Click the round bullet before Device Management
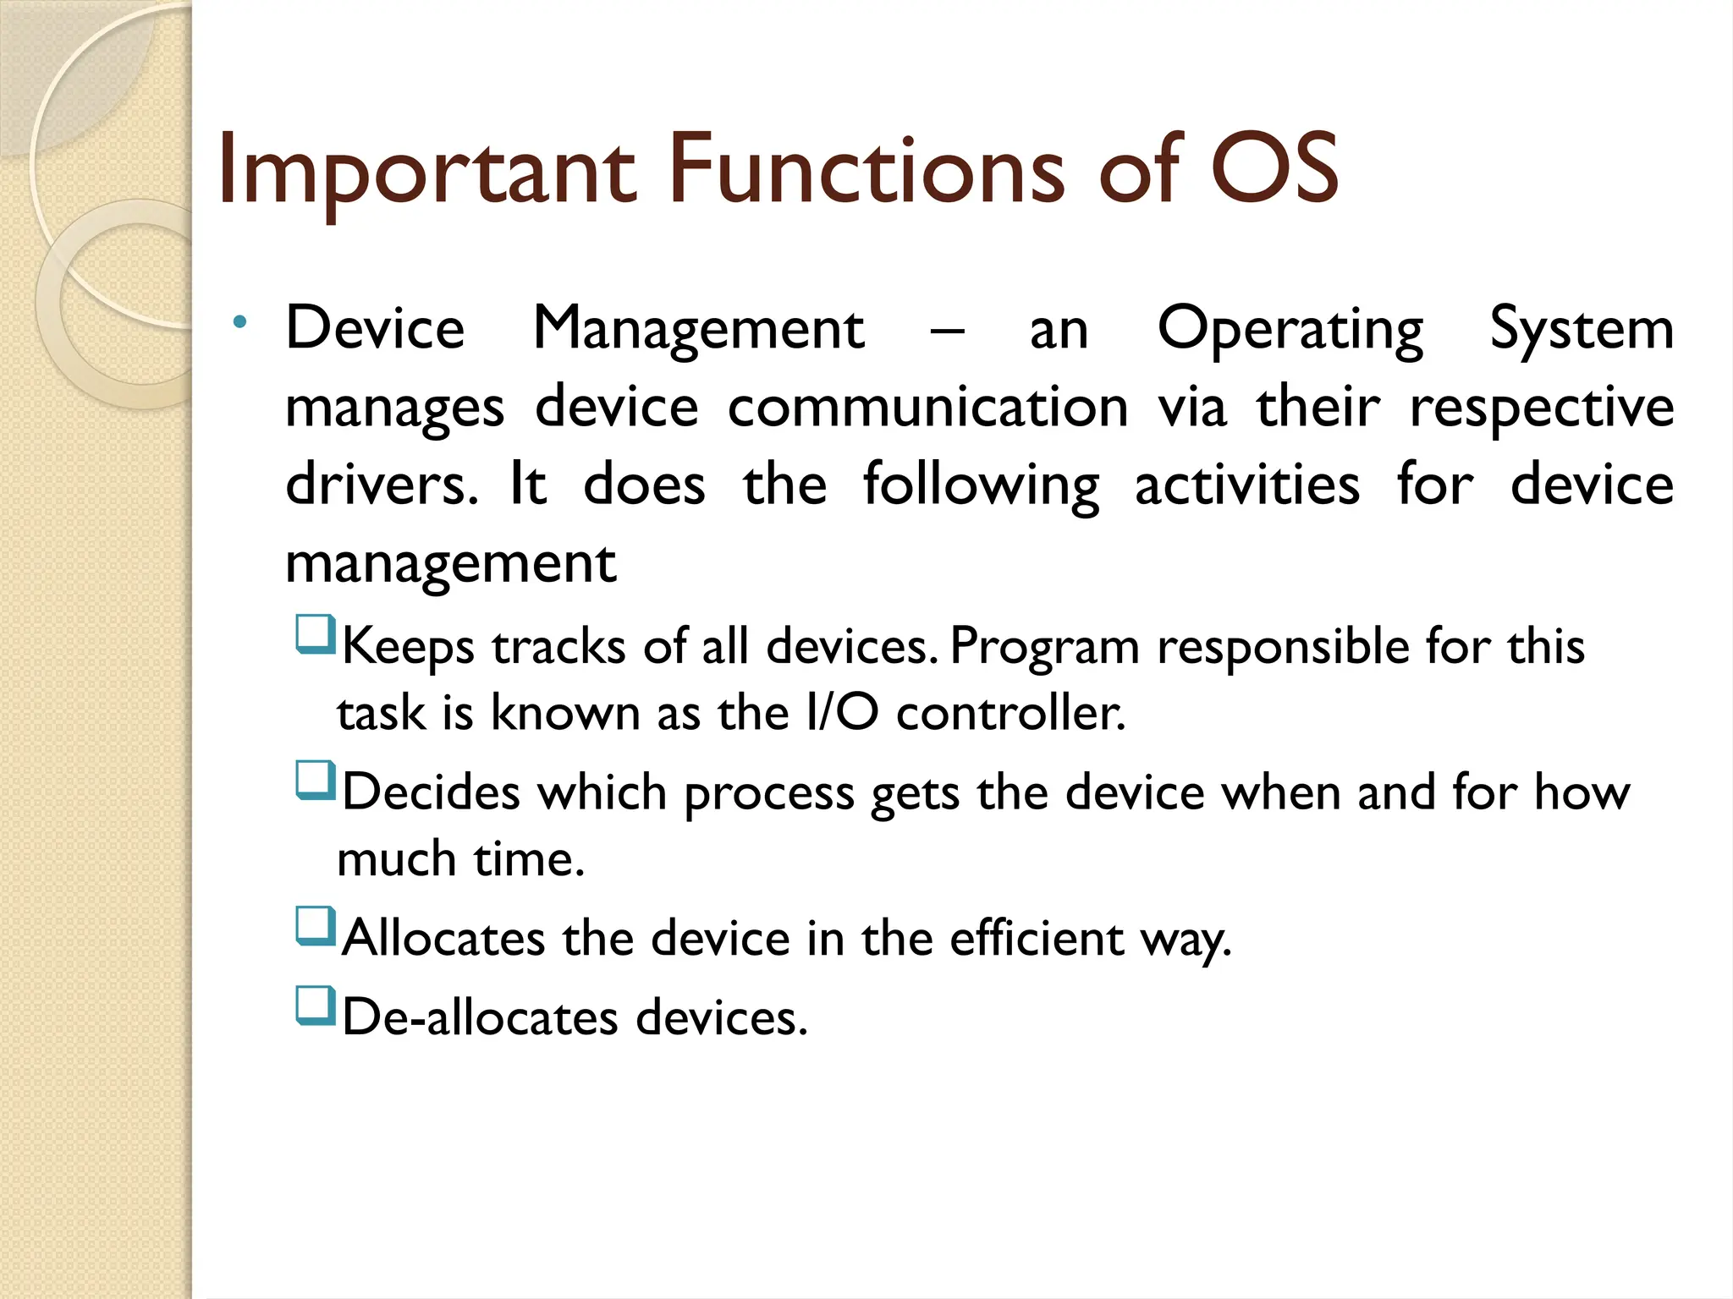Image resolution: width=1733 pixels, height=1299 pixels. (240, 322)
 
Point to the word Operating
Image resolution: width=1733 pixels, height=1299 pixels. (1290, 330)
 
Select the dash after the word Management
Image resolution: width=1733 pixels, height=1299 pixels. (947, 331)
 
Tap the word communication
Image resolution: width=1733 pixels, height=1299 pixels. (927, 408)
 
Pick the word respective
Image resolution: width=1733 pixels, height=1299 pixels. (1541, 409)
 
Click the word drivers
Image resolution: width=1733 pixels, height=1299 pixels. (380, 485)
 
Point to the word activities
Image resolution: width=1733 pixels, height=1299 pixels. (1246, 485)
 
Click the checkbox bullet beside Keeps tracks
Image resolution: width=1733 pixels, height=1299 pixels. (315, 635)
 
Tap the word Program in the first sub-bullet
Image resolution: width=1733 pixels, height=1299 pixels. (1044, 648)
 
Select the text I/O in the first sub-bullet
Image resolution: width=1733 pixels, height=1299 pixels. (842, 712)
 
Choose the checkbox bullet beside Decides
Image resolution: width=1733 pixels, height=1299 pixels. (315, 781)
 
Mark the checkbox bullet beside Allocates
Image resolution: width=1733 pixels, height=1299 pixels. (315, 926)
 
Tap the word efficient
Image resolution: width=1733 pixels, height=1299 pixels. (1036, 939)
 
